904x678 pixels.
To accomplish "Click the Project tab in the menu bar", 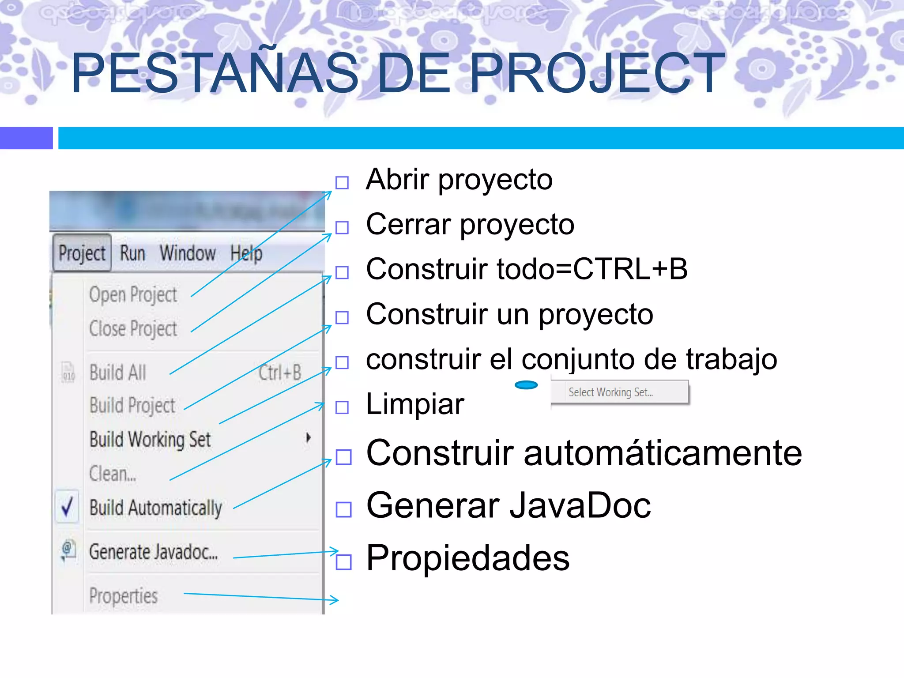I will [82, 253].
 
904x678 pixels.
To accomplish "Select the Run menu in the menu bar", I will [132, 253].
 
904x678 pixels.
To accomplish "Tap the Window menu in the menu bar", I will [188, 253].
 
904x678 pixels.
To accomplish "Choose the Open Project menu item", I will [133, 295].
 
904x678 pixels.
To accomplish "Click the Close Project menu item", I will [133, 329].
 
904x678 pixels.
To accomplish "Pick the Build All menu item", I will [118, 373].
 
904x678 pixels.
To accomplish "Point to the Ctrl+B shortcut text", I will [280, 373].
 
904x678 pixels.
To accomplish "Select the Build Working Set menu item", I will [150, 440].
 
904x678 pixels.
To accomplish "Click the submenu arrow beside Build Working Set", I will [309, 438].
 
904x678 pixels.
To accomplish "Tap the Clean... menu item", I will [113, 474].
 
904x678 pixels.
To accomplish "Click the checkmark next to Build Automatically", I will [67, 507].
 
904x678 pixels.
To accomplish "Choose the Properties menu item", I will [124, 596].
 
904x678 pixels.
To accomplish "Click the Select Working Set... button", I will [619, 392].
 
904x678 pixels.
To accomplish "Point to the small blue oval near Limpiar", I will [526, 385].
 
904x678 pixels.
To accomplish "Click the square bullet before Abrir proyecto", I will [342, 182].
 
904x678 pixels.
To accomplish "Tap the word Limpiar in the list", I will [415, 404].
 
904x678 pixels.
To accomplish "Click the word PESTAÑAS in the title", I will [215, 73].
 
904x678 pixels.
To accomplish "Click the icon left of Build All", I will [68, 373].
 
